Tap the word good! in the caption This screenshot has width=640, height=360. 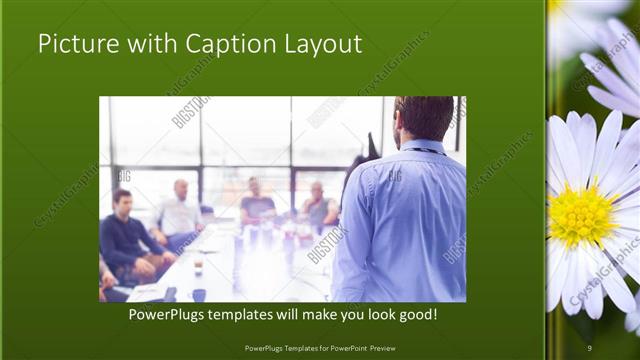tap(413, 314)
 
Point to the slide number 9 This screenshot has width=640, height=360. tap(590, 347)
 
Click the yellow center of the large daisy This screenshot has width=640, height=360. tap(582, 215)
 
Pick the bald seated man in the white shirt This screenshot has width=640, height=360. tap(180, 212)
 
